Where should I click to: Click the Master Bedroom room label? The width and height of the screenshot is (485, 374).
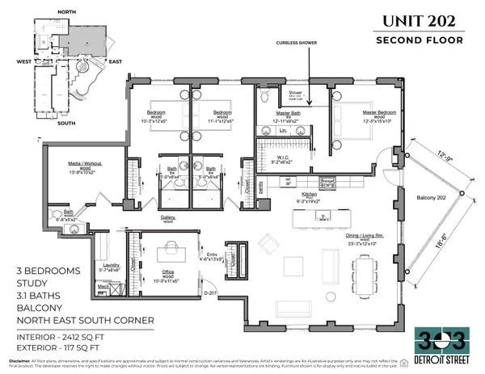tap(360, 112)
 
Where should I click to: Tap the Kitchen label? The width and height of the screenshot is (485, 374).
tap(310, 195)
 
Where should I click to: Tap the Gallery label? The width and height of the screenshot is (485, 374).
tap(168, 217)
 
